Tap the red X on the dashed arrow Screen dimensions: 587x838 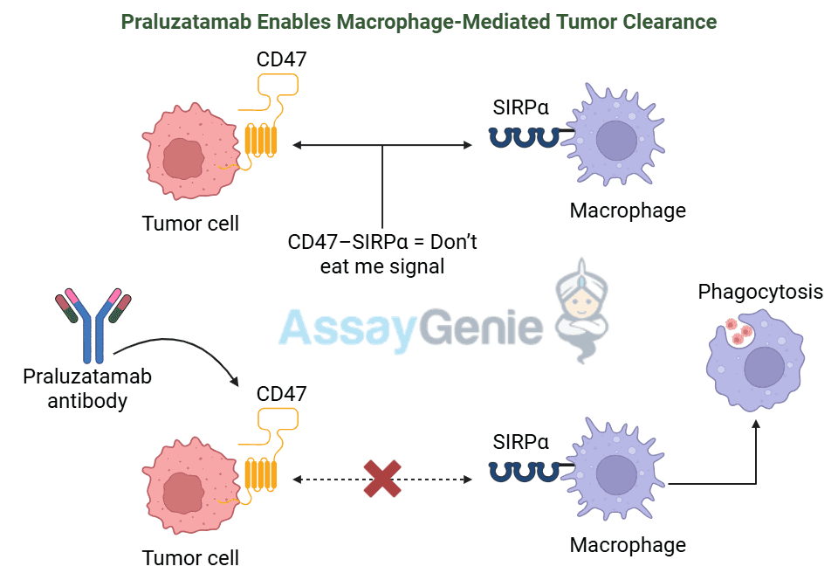[x=381, y=479]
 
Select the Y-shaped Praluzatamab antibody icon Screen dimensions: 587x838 [x=93, y=325]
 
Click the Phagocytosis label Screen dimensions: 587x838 [x=759, y=292]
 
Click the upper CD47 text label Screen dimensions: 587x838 [x=281, y=59]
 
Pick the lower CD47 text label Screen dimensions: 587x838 [x=281, y=394]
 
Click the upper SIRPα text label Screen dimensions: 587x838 [x=520, y=107]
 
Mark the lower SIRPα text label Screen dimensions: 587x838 [x=520, y=442]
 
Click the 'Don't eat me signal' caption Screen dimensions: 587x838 [x=382, y=253]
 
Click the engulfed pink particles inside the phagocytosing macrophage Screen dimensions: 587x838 [x=738, y=332]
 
